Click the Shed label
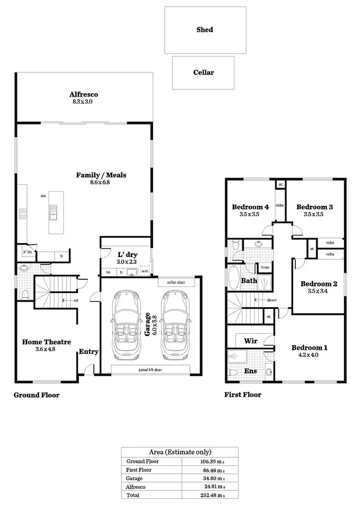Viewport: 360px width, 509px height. tap(204, 30)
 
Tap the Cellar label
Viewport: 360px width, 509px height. tap(204, 72)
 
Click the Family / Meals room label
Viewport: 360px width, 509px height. tap(101, 175)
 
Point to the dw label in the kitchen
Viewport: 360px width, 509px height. tap(43, 196)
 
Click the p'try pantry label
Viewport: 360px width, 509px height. tap(27, 252)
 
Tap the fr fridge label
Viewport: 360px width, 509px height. tap(61, 257)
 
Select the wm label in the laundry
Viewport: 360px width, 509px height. tap(144, 272)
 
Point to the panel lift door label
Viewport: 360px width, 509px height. tap(150, 369)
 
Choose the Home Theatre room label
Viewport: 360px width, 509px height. tap(47, 342)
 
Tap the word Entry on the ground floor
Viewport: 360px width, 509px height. tap(89, 352)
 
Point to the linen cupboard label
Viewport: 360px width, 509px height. tap(265, 267)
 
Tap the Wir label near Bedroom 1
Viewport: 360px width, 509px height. tap(251, 341)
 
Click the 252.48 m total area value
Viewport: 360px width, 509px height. tap(210, 495)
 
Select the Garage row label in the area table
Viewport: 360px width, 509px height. tap(134, 478)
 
